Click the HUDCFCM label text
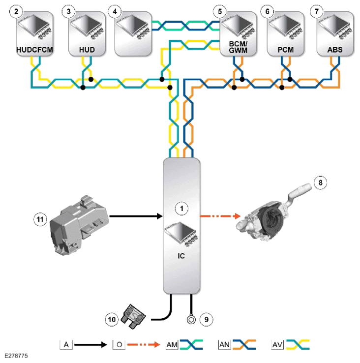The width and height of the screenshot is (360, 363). point(35,50)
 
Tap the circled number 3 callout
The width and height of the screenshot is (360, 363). point(68,11)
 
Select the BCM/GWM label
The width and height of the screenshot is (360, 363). point(238,47)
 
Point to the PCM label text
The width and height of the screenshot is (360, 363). point(286,50)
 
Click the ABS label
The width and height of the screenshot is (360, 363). point(335,50)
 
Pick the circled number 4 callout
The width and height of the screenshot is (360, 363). point(115,11)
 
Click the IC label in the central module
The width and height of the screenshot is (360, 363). point(181,256)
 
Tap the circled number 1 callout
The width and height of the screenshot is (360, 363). point(182,209)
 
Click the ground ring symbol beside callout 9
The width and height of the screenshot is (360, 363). point(191,320)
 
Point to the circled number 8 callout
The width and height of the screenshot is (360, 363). point(321,182)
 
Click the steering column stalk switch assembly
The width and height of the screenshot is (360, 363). point(273,212)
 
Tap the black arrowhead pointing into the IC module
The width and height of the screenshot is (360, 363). point(160,216)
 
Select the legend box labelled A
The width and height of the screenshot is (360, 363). point(66,345)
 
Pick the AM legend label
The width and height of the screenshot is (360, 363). point(172,345)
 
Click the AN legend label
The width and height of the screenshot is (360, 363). point(224,345)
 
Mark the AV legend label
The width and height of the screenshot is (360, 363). point(277,345)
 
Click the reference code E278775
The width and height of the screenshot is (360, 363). point(16,356)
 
